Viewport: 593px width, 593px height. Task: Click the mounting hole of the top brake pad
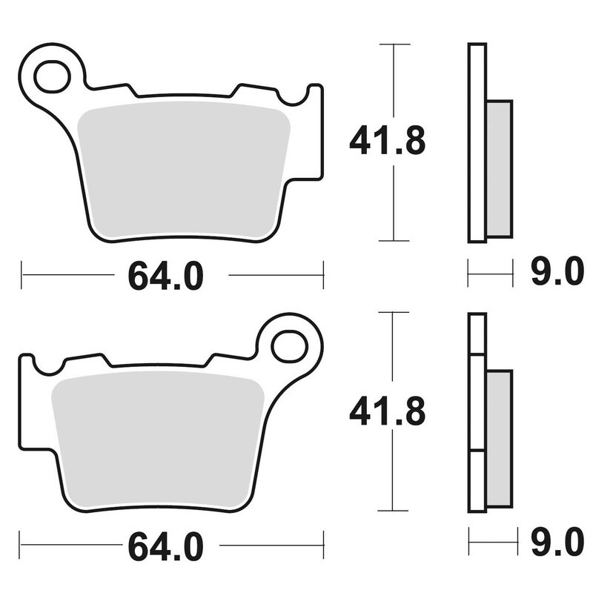(x=53, y=76)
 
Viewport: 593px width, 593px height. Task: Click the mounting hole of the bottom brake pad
(x=289, y=345)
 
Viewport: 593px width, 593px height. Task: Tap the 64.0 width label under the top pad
(x=165, y=276)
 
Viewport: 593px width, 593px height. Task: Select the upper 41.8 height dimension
(x=387, y=140)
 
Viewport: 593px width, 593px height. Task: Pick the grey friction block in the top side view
(x=500, y=168)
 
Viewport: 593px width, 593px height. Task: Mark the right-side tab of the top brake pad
(x=316, y=133)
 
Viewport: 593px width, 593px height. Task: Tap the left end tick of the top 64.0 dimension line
(x=22, y=275)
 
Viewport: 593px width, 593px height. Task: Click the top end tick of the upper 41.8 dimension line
(x=394, y=44)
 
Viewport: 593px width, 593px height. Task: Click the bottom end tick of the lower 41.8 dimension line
(x=394, y=511)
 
